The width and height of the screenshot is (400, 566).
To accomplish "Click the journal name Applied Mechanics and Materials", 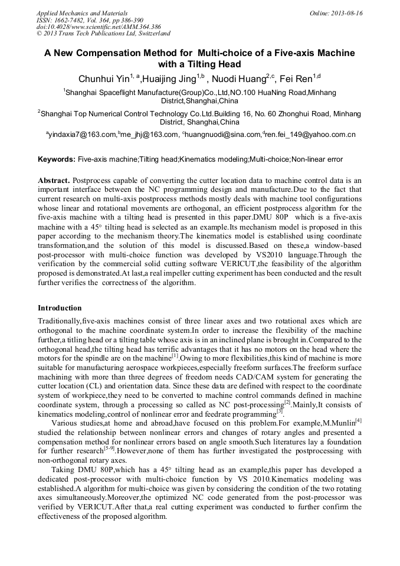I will coord(81,13).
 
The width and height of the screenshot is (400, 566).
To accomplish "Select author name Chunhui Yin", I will coord(103,78).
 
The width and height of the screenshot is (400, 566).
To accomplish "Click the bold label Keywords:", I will coord(57,159).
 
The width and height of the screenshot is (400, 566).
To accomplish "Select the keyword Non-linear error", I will coord(317,159).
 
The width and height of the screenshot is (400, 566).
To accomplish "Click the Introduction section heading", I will coord(60,308).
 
